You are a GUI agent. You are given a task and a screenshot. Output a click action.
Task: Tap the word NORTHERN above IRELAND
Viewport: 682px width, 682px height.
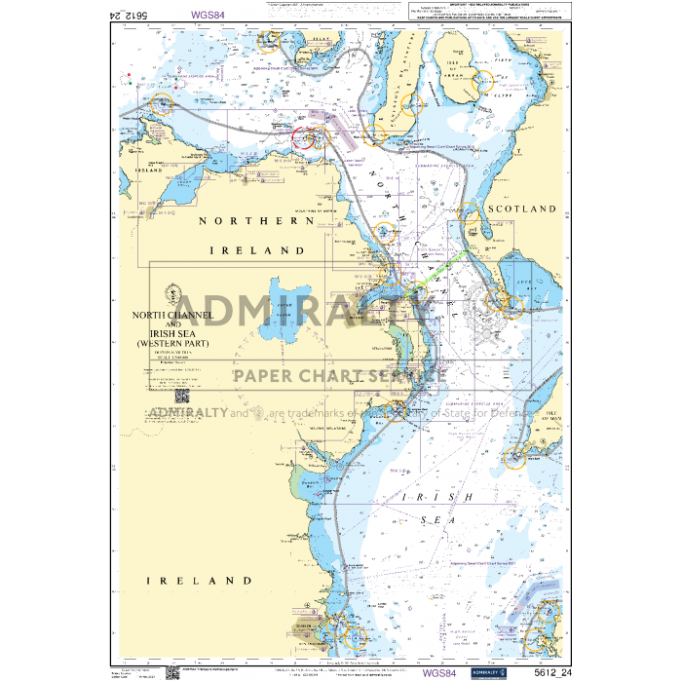point(256,221)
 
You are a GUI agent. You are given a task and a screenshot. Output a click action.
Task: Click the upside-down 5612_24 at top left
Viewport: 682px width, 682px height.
point(130,15)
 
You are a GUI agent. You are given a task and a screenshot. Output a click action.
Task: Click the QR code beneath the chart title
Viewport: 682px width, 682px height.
point(182,396)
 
